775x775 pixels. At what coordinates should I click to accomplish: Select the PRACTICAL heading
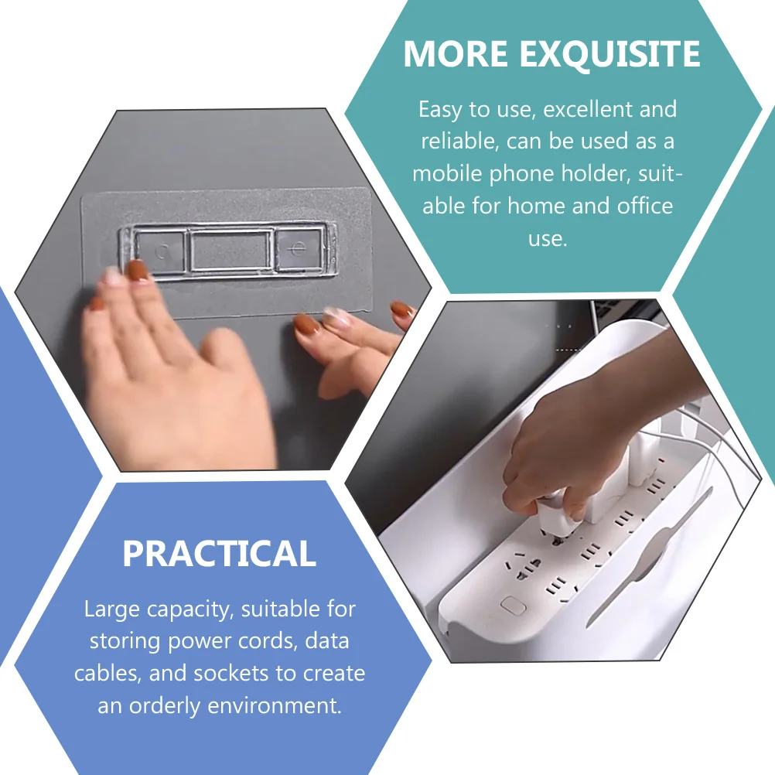coord(220,555)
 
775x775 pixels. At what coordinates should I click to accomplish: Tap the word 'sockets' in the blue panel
coord(227,673)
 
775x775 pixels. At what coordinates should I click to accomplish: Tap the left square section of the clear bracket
coord(161,250)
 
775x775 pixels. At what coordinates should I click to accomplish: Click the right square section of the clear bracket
coord(298,249)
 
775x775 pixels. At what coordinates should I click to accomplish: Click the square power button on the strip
coord(511,605)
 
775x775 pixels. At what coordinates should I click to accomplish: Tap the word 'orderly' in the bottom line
coord(169,705)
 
